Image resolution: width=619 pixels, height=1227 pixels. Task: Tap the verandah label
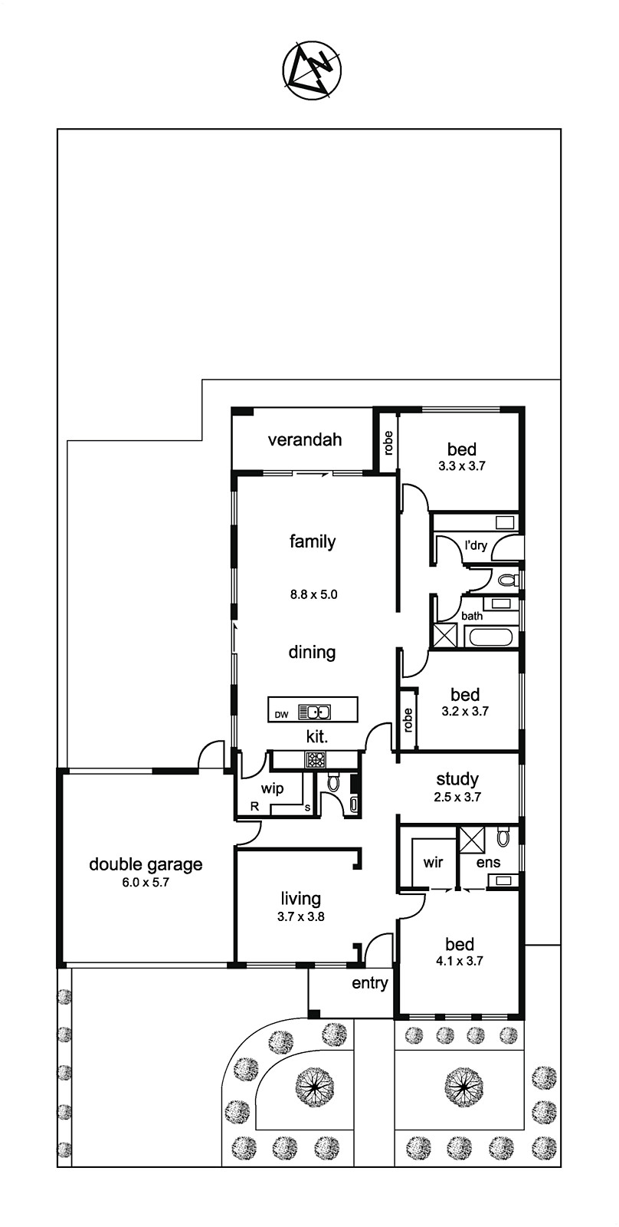pos(305,439)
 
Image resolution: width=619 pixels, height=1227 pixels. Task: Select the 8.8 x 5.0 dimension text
pos(313,594)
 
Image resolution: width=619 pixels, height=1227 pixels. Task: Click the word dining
pos(312,653)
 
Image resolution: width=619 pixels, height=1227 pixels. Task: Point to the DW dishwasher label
pos(281,714)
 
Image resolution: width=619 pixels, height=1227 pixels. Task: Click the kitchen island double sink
pos(313,712)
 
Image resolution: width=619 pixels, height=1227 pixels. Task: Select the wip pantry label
pos(272,789)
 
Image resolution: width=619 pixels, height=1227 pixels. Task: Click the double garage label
pos(146,864)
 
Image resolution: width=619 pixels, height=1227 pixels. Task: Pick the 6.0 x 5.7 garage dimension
pos(146,883)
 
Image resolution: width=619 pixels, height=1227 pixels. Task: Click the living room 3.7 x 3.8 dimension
pos(300,916)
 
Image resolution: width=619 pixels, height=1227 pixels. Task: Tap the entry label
pos(370,983)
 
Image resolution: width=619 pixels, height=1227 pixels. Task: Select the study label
pos(457,779)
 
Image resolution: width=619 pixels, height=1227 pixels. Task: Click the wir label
pos(433,862)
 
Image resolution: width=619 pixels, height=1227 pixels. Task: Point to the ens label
pos(488,862)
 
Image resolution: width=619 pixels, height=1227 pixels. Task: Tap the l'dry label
pos(476,545)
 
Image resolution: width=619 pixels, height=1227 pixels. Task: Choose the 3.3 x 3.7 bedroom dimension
pos(462,467)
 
